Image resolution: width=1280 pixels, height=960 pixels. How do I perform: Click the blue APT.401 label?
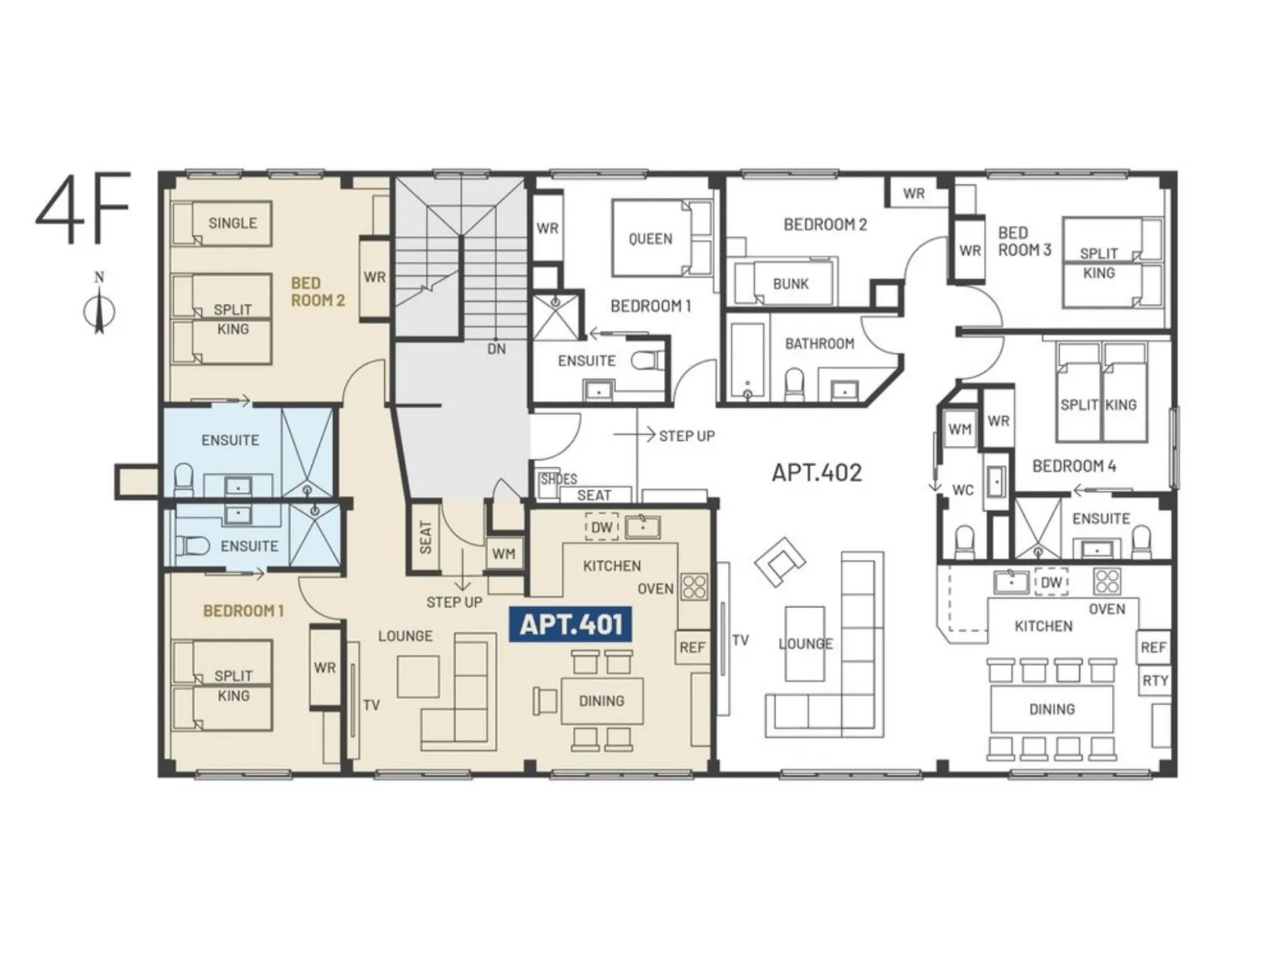(x=570, y=625)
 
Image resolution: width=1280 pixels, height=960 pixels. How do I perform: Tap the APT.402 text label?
(x=817, y=472)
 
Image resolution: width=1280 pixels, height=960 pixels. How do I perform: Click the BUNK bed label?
(x=791, y=283)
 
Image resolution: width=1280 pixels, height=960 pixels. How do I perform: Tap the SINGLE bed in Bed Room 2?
(x=222, y=223)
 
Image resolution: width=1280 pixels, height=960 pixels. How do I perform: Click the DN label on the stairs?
(x=497, y=349)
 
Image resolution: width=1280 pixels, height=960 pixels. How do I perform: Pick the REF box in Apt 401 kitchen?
(x=693, y=646)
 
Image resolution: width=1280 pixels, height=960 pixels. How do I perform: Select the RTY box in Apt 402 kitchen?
(x=1155, y=680)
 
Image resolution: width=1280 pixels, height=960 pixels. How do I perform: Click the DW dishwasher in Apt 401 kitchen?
(x=602, y=527)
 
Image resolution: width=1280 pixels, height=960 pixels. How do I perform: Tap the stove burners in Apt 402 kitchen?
(x=1107, y=581)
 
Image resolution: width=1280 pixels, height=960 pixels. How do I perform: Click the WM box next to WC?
(x=960, y=430)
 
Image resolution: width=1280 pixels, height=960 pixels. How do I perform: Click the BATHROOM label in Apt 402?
(x=819, y=343)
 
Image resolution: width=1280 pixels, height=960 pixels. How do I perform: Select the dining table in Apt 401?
(x=602, y=700)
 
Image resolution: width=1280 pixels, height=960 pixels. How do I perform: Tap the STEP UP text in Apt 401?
(x=454, y=601)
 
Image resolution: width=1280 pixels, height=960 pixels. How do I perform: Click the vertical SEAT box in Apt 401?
(x=426, y=537)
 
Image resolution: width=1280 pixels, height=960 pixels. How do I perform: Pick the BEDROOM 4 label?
(x=1074, y=466)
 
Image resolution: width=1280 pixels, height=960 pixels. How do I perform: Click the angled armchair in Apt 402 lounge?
(x=780, y=561)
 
